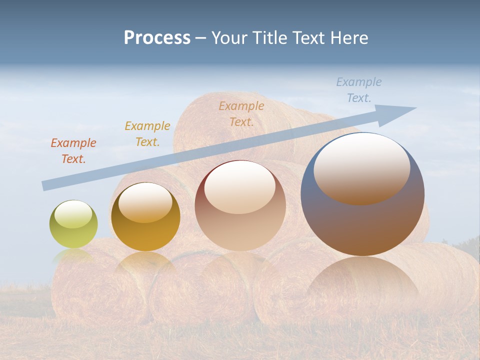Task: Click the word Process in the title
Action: click(x=157, y=38)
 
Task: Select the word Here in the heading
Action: click(x=348, y=38)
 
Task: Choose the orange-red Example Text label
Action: click(x=73, y=151)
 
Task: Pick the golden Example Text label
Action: click(x=147, y=134)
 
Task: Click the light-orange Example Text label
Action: click(x=241, y=113)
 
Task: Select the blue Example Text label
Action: click(x=359, y=90)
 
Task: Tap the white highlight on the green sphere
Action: click(x=73, y=214)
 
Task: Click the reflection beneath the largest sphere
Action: click(x=363, y=280)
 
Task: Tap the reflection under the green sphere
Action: click(x=73, y=256)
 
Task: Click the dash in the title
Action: click(x=201, y=38)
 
